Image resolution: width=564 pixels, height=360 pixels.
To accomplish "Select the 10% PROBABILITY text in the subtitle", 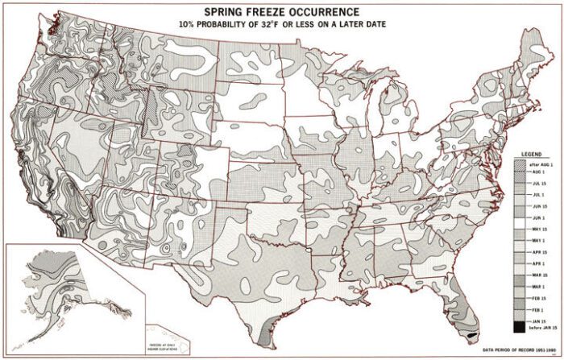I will coord(212,26).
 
